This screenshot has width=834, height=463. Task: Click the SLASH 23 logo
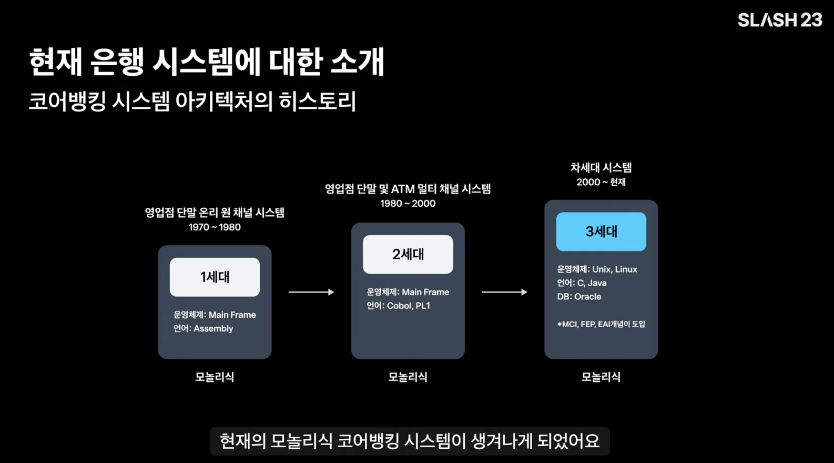click(779, 20)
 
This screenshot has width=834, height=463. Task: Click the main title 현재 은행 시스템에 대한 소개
click(206, 62)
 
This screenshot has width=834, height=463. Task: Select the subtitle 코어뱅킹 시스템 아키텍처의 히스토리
click(192, 101)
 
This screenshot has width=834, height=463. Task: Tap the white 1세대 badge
click(215, 277)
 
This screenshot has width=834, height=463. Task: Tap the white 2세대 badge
click(408, 254)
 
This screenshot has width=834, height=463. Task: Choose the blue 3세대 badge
click(601, 231)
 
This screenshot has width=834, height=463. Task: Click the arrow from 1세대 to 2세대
click(311, 292)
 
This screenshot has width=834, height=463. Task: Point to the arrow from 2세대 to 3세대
click(504, 292)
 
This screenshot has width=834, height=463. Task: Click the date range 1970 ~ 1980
click(215, 227)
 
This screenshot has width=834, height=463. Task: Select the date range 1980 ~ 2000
click(408, 204)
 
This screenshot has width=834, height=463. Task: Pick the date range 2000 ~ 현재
click(601, 182)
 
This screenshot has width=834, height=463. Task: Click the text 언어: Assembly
click(203, 328)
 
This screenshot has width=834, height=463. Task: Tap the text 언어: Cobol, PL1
click(398, 306)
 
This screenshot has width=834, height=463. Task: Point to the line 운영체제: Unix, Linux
click(597, 269)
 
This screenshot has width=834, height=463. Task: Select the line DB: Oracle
click(579, 297)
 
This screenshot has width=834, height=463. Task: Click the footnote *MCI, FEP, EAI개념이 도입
click(601, 324)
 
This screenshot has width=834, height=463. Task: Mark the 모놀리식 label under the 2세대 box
click(408, 377)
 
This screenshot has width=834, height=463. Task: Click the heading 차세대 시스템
click(601, 168)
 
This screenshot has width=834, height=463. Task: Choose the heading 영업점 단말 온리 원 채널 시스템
click(215, 213)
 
